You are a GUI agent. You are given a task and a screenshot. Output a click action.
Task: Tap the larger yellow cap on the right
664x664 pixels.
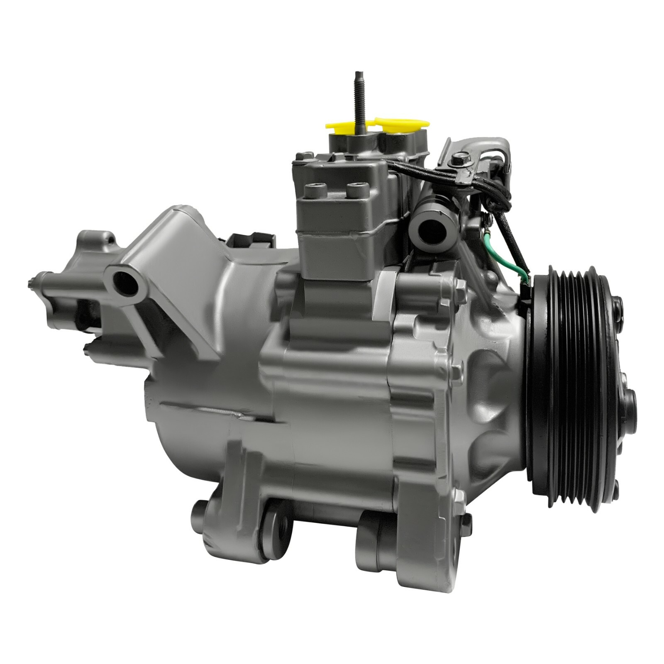400,124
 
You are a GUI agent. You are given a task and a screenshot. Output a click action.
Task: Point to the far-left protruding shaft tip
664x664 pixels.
30,283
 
